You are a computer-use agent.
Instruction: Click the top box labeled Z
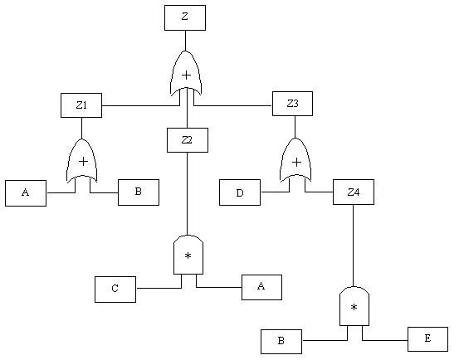[x=185, y=17]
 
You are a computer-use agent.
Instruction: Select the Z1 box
[x=81, y=105]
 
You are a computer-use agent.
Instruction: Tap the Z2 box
[x=187, y=140]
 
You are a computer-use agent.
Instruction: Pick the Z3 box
[x=292, y=104]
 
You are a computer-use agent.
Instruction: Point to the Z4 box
[x=353, y=192]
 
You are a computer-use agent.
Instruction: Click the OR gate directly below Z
[x=186, y=74]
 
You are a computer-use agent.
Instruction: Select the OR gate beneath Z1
[x=82, y=161]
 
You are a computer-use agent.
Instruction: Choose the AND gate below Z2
[x=188, y=255]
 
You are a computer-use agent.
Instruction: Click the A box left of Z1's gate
[x=26, y=193]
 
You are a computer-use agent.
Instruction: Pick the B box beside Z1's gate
[x=138, y=192]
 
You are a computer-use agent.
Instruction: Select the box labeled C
[x=115, y=289]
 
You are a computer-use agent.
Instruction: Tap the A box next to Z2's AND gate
[x=261, y=287]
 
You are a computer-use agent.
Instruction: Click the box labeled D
[x=240, y=192]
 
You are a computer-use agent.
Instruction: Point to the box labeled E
[x=427, y=339]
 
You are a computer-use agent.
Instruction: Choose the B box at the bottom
[x=281, y=342]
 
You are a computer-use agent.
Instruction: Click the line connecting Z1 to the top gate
[x=139, y=105]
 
